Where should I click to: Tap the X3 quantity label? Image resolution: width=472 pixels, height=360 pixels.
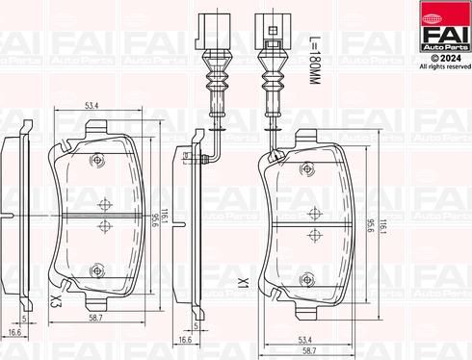tap(56, 302)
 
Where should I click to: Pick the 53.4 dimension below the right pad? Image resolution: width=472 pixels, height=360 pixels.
tap(304, 338)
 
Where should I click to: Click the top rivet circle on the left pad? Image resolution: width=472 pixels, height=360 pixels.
tap(95, 160)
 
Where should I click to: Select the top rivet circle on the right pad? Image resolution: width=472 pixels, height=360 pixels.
tap(310, 169)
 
